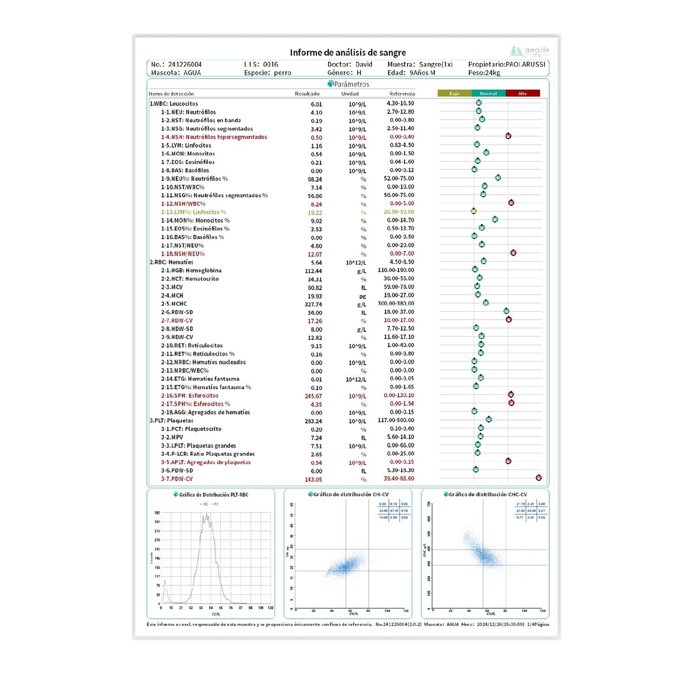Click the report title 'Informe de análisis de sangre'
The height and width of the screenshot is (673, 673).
[348, 52]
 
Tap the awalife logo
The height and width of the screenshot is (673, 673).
[530, 51]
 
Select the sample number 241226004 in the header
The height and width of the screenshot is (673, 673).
[185, 65]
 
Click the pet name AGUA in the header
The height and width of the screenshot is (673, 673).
[192, 73]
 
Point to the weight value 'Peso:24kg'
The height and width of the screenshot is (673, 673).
[484, 73]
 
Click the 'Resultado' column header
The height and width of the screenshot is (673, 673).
[307, 94]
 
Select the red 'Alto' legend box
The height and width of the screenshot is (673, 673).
[523, 93]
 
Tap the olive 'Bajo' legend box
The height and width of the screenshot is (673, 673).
[454, 93]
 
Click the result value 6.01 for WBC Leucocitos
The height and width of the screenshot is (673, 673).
[316, 104]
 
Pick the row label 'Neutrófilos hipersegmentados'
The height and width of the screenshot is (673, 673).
[226, 137]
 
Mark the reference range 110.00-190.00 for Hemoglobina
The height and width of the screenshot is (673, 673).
[396, 270]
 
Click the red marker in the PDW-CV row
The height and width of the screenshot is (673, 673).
[538, 478]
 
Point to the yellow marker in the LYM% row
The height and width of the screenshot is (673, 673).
[473, 211]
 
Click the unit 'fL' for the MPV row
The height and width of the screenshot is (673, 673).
[363, 438]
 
